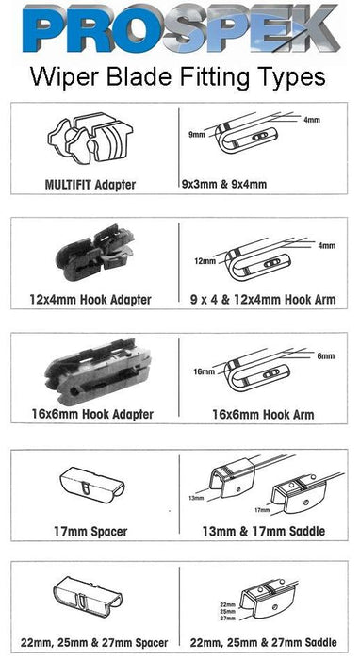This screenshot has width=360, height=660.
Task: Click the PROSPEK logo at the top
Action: pyautogui.click(x=181, y=27)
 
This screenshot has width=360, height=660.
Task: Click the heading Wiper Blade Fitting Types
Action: pyautogui.click(x=178, y=77)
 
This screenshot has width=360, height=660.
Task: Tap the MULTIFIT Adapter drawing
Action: pyautogui.click(x=90, y=137)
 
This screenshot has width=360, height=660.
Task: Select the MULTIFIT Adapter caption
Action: pyautogui.click(x=90, y=185)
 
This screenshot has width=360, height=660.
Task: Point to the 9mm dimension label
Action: pyautogui.click(x=197, y=135)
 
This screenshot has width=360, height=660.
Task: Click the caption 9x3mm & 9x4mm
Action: pyautogui.click(x=224, y=185)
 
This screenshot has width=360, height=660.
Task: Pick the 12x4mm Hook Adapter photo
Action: pyautogui.click(x=94, y=252)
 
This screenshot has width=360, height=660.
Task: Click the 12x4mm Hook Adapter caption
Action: pyautogui.click(x=90, y=300)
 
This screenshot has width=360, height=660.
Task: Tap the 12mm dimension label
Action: pyautogui.click(x=205, y=261)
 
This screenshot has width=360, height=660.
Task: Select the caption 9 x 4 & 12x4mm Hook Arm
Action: pyautogui.click(x=263, y=300)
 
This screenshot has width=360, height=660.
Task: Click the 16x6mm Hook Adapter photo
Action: pyautogui.click(x=98, y=371)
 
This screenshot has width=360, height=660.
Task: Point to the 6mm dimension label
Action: pyautogui.click(x=326, y=356)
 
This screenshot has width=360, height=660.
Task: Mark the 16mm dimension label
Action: pyautogui.click(x=205, y=372)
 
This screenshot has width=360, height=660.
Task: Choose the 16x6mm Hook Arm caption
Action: pyautogui.click(x=263, y=415)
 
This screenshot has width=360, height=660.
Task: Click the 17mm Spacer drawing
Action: pyautogui.click(x=92, y=483)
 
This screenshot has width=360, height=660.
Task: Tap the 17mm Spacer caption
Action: pyautogui.click(x=90, y=531)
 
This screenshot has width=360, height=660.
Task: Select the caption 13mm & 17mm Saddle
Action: pyautogui.click(x=264, y=531)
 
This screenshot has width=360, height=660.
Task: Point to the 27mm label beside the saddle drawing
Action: pyautogui.click(x=227, y=619)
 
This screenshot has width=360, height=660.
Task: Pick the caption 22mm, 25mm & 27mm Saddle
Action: pyautogui.click(x=264, y=643)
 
